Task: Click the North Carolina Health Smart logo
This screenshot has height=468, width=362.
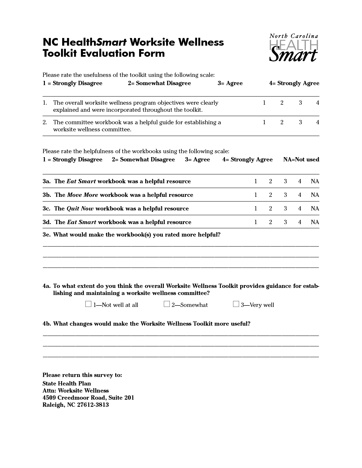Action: (294, 48)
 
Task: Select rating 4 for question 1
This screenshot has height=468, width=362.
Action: (317, 103)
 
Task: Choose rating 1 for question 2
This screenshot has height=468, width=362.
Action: (264, 122)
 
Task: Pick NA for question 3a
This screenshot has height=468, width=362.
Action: (315, 181)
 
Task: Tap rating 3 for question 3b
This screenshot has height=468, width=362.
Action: (285, 195)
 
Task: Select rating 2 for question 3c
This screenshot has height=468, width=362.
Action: (270, 208)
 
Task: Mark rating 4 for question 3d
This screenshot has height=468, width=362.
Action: (300, 222)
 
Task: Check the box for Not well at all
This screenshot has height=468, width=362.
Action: (88, 304)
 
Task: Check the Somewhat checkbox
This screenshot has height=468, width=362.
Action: (167, 304)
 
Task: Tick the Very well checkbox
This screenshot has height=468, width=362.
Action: (236, 304)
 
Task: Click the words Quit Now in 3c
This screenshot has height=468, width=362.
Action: (80, 209)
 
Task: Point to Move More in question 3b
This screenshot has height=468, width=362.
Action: (82, 195)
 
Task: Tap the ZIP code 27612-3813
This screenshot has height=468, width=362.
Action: (93, 405)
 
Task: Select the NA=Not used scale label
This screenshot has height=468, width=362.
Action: (301, 160)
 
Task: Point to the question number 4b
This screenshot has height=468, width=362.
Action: (47, 324)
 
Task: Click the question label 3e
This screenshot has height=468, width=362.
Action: (47, 235)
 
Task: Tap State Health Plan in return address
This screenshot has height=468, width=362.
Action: (67, 383)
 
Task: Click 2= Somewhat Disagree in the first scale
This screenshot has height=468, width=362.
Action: (159, 83)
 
